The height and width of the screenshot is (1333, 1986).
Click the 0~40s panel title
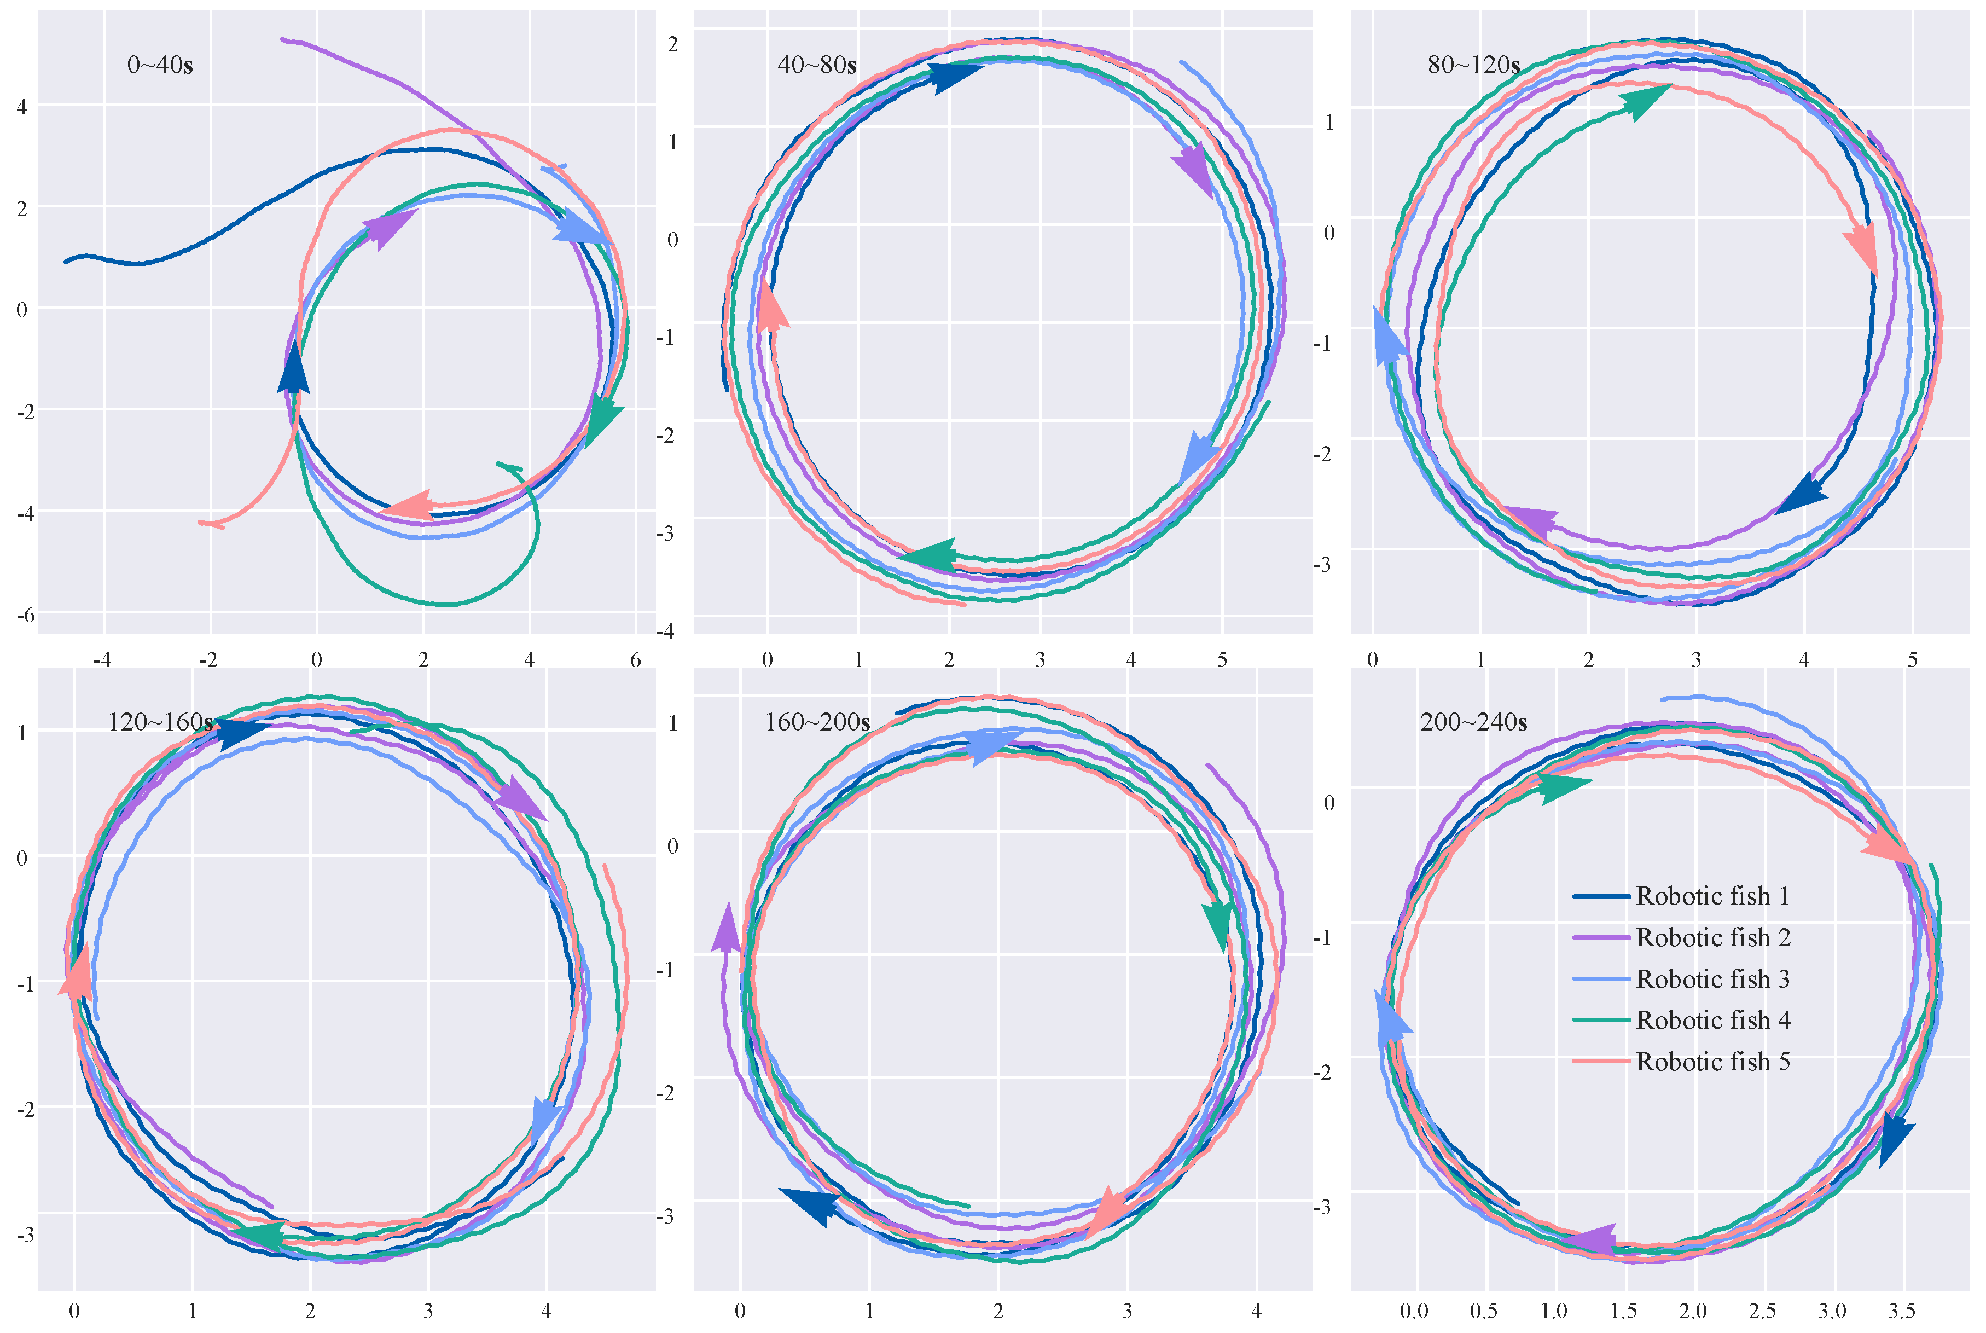[160, 66]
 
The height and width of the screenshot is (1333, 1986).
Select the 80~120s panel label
[1473, 66]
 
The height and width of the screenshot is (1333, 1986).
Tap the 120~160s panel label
[160, 723]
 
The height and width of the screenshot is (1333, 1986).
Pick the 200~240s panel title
[1473, 723]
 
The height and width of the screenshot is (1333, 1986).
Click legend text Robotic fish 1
[1712, 896]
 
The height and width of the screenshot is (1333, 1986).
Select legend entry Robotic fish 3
[1712, 980]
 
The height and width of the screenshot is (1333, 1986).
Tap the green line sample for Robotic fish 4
[1601, 1020]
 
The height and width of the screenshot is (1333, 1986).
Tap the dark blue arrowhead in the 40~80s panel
[954, 77]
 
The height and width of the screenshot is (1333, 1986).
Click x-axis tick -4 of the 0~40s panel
[103, 660]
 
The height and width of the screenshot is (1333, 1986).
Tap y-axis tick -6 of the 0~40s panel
[26, 615]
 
